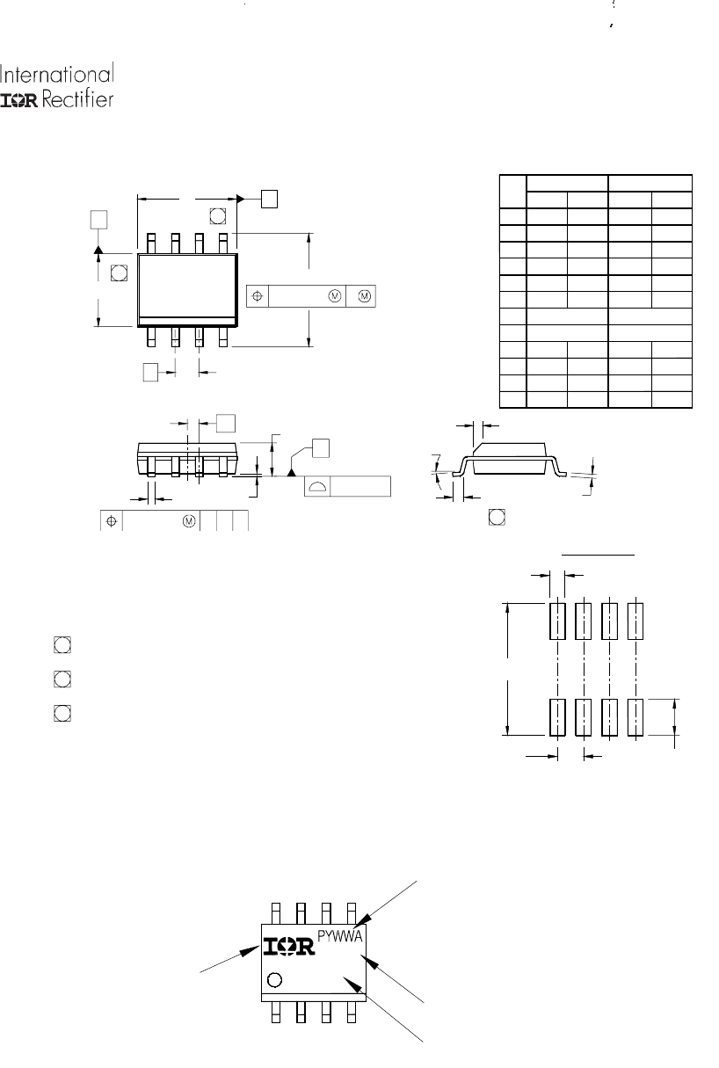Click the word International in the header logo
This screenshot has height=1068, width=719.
coord(57,74)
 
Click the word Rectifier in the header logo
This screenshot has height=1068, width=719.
coord(77,99)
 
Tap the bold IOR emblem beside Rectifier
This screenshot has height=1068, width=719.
coord(19,100)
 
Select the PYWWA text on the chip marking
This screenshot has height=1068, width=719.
coord(340,937)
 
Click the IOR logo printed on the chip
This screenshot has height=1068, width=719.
coord(289,947)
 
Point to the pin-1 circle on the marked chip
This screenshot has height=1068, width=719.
coord(274,980)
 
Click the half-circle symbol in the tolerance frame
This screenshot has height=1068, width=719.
coord(317,487)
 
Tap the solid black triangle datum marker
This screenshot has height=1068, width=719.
coord(291,473)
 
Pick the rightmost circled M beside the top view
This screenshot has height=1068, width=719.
coord(364,296)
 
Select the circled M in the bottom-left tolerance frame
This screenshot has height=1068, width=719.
coord(189,521)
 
